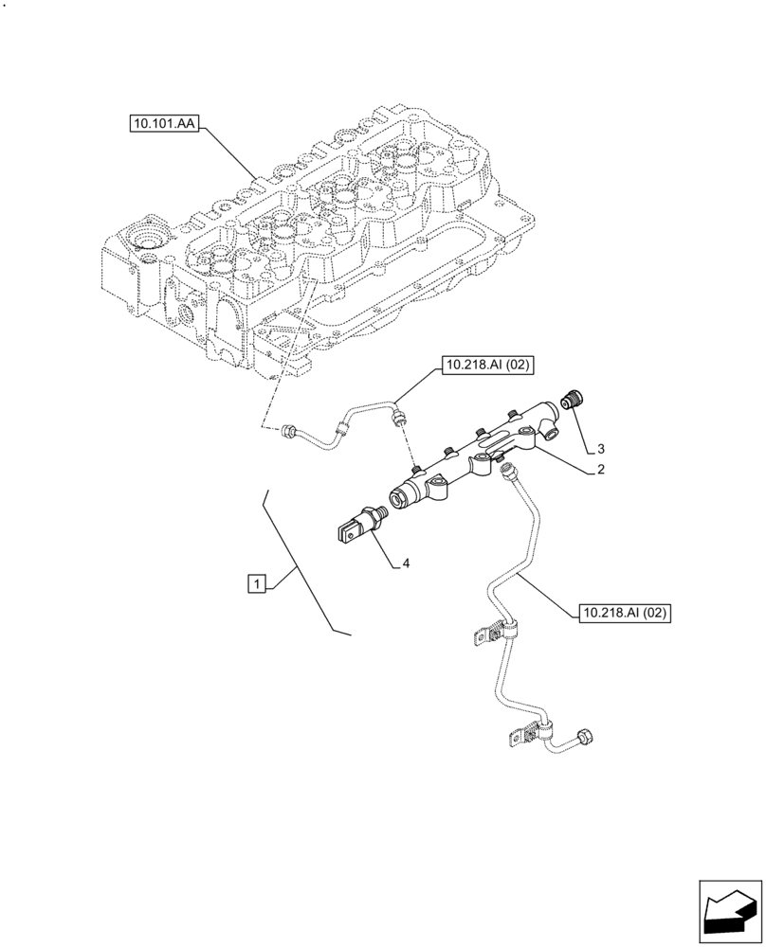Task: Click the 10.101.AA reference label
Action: coord(164,123)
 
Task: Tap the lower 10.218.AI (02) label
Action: coord(622,614)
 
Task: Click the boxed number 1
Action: coord(256,582)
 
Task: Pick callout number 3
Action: coord(600,447)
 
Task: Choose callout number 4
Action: coord(405,563)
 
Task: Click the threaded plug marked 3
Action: coord(572,399)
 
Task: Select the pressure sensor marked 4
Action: coord(359,524)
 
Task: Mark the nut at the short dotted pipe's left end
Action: coord(286,433)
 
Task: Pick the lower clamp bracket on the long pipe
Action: coord(526,733)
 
